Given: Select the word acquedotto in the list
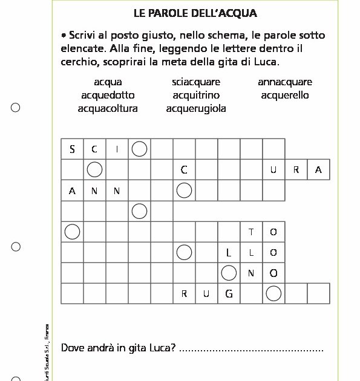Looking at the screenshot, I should (108, 95).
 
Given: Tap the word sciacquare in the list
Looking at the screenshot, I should (195, 82).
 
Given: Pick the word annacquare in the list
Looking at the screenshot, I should (284, 82).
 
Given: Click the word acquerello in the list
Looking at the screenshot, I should (284, 95).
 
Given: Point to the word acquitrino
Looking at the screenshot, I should (195, 95).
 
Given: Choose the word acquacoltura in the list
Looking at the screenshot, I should (108, 108).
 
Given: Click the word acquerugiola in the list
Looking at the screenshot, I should (195, 108).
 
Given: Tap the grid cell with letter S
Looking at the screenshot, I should (72, 149).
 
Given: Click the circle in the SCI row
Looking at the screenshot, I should (139, 149).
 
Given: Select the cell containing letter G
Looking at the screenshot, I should (229, 294).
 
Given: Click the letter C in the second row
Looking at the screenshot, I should (184, 170).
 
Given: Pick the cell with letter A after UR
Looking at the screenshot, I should (318, 170).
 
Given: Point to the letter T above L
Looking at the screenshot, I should (251, 232).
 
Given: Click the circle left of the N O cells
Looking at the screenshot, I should (229, 273).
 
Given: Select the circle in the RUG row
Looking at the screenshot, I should (273, 294).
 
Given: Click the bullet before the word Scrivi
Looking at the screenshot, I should (64, 36).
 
